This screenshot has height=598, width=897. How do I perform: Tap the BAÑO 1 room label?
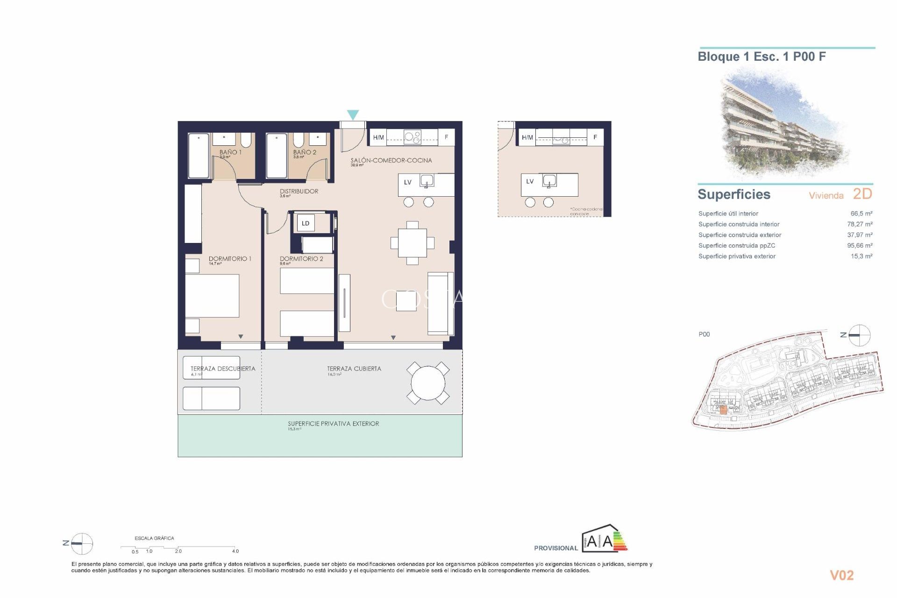coord(230,152)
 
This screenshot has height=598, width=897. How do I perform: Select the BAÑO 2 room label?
coord(305,152)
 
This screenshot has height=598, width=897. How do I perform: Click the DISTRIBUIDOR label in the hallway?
coord(299,191)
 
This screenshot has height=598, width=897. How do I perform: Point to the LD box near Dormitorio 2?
coord(306,223)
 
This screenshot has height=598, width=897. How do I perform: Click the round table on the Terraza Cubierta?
coord(428,383)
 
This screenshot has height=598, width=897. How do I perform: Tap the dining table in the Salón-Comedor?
coord(412,243)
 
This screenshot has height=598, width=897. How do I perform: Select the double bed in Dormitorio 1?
coord(212,296)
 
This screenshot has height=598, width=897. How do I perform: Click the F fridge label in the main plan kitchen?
coord(446,137)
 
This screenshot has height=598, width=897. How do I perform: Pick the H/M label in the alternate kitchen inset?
coord(527,137)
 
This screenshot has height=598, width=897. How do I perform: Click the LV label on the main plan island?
coord(407,182)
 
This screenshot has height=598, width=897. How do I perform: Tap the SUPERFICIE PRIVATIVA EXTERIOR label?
coord(333,424)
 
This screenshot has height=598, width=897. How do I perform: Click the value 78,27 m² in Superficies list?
coord(859,224)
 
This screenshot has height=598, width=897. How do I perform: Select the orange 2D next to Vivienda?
coord(862,194)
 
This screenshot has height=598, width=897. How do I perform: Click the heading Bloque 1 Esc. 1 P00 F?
coord(762,57)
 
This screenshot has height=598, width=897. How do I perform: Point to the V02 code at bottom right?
coord(841,575)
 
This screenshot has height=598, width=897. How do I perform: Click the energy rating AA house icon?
coord(604,540)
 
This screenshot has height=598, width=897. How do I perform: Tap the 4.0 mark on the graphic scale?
coord(235,551)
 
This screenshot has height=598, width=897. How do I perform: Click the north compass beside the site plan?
coord(859,335)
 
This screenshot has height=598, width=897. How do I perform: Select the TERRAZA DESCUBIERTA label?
coord(223,369)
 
